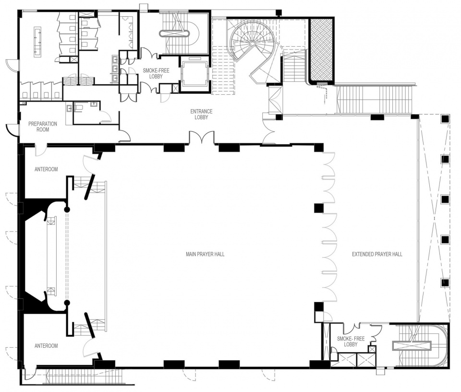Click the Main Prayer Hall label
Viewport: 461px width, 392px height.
pos(205,254)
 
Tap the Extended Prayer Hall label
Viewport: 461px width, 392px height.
pos(377,254)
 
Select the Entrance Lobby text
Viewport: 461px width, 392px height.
pos(201,114)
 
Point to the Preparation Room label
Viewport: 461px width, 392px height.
pos(43,126)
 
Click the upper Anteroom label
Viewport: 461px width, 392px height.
pos(46,169)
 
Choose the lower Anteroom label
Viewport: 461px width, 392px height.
pos(46,346)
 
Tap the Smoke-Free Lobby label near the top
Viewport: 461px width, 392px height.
pos(156,73)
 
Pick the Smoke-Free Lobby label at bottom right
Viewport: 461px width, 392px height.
pos(351,341)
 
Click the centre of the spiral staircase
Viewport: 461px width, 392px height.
pos(252,43)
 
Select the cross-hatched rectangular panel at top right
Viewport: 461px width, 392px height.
pos(321,49)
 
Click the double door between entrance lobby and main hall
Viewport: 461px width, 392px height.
pos(202,138)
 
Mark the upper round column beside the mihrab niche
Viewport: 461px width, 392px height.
pos(67,209)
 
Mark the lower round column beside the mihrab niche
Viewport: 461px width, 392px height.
pos(67,303)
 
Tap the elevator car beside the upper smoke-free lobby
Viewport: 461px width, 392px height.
pos(194,72)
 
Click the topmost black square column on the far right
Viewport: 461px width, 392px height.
pos(445,119)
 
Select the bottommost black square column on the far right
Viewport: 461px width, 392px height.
pos(445,283)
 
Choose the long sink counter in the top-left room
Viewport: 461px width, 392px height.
pos(37,41)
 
